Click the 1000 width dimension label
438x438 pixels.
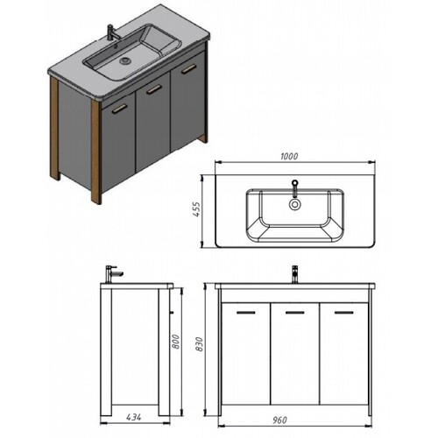[289, 156]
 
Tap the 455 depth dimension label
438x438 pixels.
[197, 209]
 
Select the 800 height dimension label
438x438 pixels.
[176, 342]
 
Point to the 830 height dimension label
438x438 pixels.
[199, 344]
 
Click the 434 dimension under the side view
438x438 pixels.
[134, 417]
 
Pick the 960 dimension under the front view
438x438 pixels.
[279, 420]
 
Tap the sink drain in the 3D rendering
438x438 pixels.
[125, 60]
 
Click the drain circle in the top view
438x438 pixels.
[295, 204]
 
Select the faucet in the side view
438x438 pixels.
[113, 274]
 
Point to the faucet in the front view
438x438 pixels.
[295, 274]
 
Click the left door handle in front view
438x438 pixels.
[246, 313]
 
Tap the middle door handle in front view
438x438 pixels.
[295, 313]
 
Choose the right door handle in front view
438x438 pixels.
[344, 313]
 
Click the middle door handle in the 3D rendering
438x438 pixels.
[154, 89]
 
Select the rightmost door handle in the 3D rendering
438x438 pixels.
[188, 69]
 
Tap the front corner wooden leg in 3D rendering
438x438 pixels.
[95, 152]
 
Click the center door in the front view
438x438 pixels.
[295, 354]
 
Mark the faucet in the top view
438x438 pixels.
[295, 187]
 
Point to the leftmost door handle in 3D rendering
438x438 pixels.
[120, 108]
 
